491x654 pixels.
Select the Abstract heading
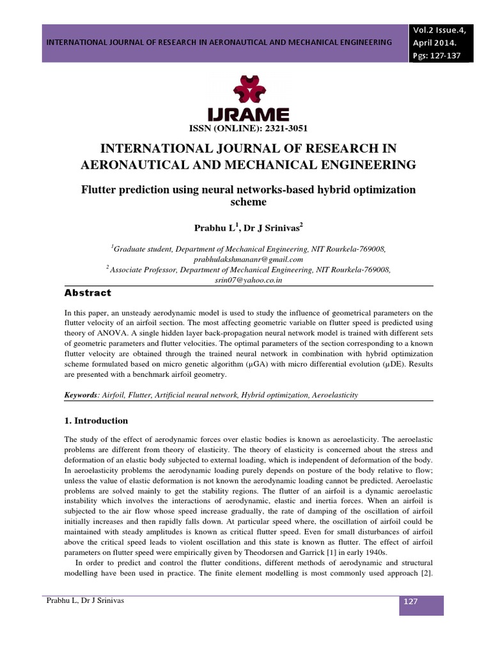[88, 293]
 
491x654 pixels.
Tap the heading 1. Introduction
[97, 421]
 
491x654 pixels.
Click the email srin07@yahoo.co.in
[246, 280]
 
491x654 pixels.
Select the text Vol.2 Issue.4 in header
[440, 29]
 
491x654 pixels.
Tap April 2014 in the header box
[434, 43]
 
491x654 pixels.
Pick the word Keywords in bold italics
[82, 396]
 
